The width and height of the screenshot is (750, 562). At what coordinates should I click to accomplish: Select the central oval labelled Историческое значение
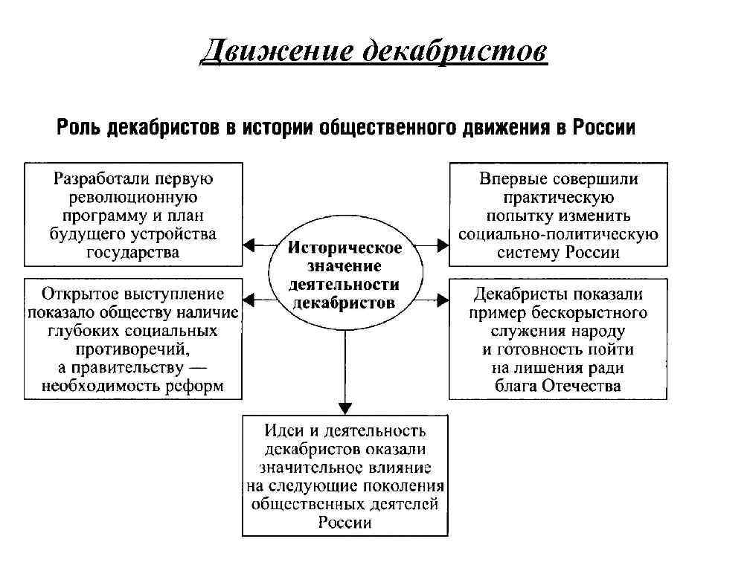[x=344, y=274]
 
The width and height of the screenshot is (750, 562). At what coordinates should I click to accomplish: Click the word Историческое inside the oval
[x=344, y=247]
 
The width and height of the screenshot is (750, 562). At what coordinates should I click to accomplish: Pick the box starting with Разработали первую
[x=133, y=215]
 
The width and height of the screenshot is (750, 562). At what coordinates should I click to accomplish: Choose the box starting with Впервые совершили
[x=558, y=215]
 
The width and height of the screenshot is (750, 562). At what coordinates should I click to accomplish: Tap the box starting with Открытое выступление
[x=133, y=338]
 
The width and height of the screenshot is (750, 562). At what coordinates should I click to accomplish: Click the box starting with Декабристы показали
[x=558, y=338]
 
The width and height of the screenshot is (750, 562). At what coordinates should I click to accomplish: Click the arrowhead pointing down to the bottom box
[x=344, y=407]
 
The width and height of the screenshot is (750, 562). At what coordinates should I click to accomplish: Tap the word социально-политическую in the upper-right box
[x=558, y=234]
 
